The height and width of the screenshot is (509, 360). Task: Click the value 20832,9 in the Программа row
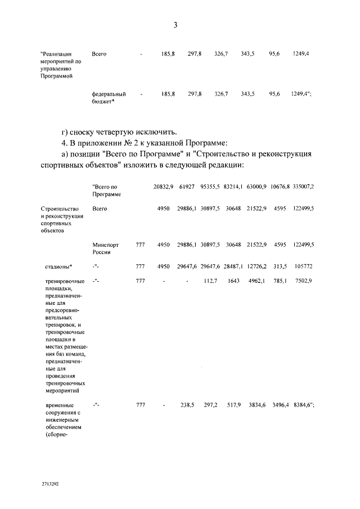[x=163, y=186]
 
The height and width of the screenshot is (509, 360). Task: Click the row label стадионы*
[x=59, y=267]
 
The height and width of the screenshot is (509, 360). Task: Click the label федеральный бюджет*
[x=109, y=97]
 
